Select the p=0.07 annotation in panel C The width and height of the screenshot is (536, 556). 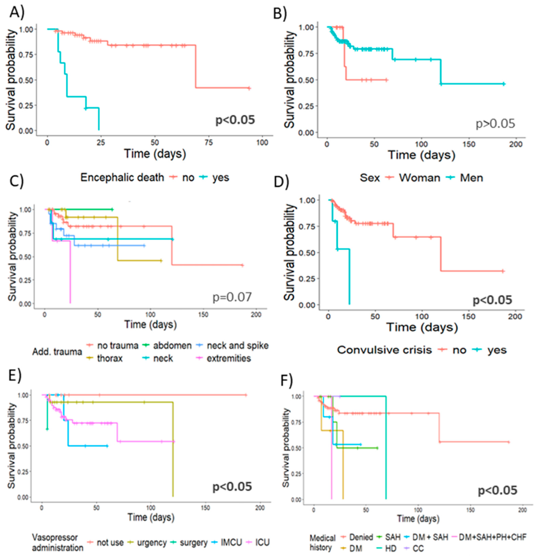[x=232, y=297]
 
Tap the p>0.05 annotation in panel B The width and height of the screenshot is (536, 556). [x=495, y=124]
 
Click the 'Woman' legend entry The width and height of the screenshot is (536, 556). [x=419, y=178]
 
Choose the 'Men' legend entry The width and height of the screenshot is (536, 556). [x=471, y=178]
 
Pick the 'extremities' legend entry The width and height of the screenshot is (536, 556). [x=229, y=358]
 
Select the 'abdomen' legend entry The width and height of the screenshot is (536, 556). [x=172, y=346]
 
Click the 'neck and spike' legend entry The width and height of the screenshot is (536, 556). [x=238, y=346]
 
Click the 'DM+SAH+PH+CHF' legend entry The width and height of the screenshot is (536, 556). [x=492, y=537]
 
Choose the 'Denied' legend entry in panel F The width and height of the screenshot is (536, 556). [x=361, y=537]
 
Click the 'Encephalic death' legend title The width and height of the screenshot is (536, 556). [x=122, y=178]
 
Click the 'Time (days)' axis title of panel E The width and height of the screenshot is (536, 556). [x=151, y=517]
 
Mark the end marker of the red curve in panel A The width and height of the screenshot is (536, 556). [x=249, y=88]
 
